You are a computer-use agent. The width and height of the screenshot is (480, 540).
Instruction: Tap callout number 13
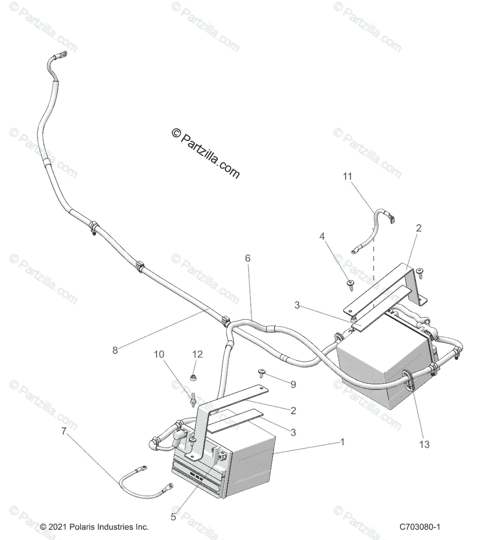click(x=424, y=445)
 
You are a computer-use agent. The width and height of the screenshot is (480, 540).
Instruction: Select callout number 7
click(x=63, y=431)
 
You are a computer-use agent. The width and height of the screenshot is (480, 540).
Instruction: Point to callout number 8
click(x=115, y=350)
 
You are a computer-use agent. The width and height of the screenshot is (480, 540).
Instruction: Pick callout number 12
click(x=198, y=354)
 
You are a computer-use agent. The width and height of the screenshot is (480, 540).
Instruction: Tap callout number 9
click(x=293, y=384)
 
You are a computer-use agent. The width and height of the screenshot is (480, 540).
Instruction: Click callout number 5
click(x=173, y=517)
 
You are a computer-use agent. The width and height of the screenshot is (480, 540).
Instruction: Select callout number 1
click(x=342, y=442)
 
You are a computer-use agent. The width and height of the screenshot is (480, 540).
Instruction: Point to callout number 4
click(x=334, y=236)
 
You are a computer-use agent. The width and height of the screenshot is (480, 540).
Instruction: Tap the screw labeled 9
click(x=262, y=372)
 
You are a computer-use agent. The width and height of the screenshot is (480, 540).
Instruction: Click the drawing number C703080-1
click(x=419, y=526)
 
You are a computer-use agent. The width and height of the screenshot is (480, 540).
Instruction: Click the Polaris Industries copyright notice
click(x=94, y=526)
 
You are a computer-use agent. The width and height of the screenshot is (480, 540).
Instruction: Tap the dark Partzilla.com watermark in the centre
click(x=206, y=153)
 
